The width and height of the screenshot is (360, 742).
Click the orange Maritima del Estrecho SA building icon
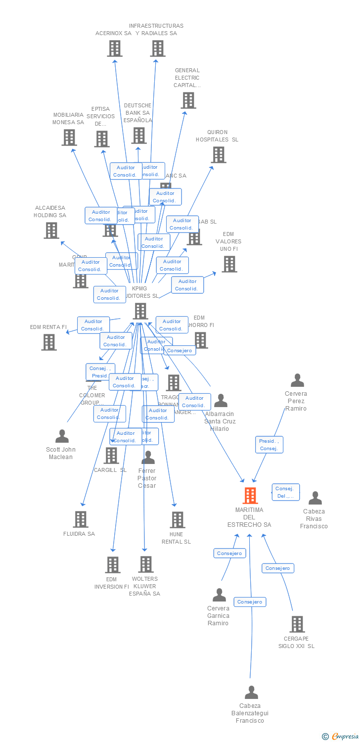click(x=250, y=495)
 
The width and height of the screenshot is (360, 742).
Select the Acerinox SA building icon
click(x=115, y=48)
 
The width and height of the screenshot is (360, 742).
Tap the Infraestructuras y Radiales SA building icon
click(x=158, y=48)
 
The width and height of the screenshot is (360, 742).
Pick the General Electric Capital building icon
click(x=188, y=100)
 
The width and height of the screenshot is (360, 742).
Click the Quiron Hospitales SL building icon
click(x=218, y=155)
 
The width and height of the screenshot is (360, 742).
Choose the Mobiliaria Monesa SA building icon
click(x=69, y=138)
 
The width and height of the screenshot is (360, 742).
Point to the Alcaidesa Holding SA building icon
click(x=51, y=231)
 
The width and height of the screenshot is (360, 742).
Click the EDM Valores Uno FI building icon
click(x=229, y=264)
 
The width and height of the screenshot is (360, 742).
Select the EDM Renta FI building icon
click(x=49, y=342)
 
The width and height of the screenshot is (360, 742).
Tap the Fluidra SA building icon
click(x=81, y=519)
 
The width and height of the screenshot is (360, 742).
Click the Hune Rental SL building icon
click(x=178, y=520)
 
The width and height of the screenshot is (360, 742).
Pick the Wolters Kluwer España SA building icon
click(x=146, y=564)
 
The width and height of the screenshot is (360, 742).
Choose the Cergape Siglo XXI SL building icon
click(x=297, y=624)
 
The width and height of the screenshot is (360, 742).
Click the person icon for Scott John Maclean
click(x=62, y=436)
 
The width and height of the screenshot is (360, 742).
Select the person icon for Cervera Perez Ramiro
click(x=297, y=380)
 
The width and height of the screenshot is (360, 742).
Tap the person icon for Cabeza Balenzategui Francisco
click(x=251, y=693)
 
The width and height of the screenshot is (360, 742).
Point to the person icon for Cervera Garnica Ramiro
click(x=219, y=595)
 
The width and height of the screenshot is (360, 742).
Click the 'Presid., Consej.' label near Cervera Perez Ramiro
click(x=269, y=445)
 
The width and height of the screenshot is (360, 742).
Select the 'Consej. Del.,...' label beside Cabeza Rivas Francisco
click(x=285, y=492)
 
